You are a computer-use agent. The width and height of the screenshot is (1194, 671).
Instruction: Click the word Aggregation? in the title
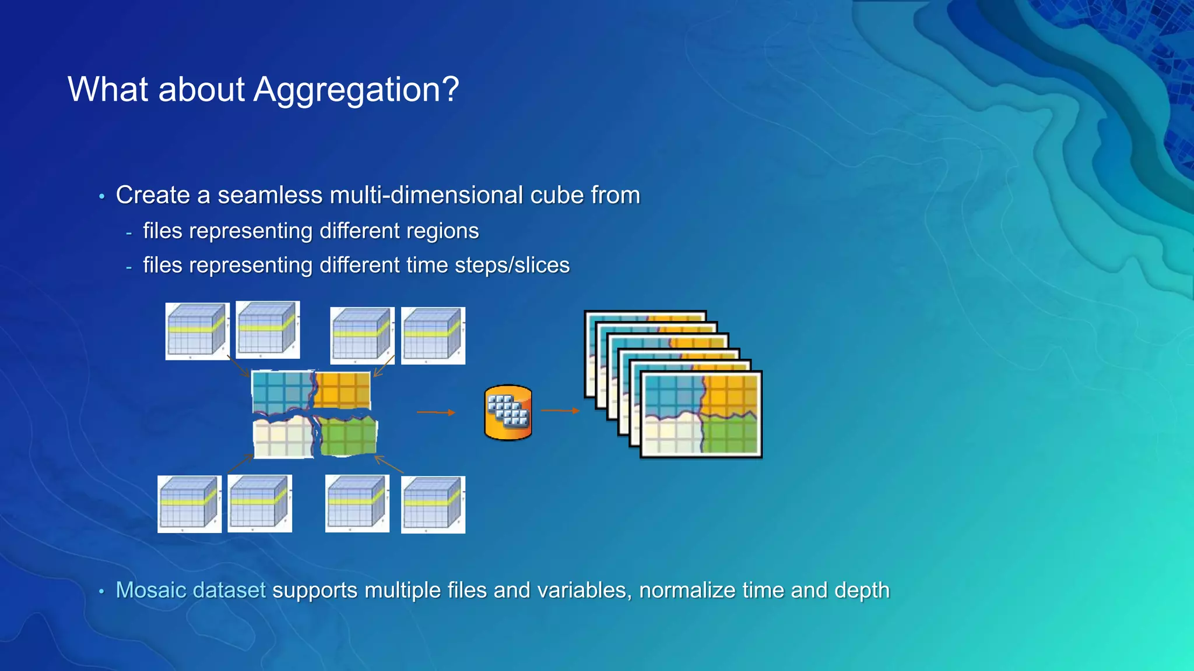[x=356, y=90]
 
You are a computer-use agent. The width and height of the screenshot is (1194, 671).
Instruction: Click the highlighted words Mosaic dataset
[x=191, y=591]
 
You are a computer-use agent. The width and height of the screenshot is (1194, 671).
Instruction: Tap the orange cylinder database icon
[x=508, y=412]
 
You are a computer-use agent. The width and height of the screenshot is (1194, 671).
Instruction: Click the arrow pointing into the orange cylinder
[x=436, y=412]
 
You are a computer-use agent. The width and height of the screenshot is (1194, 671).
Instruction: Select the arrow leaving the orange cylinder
[x=560, y=411]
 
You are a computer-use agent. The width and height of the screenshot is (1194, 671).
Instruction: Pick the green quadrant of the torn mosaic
[x=349, y=437]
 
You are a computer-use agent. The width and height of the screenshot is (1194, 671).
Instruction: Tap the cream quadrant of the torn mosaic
[x=283, y=438]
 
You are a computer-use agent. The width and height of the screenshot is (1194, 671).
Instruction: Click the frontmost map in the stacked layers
[x=701, y=415]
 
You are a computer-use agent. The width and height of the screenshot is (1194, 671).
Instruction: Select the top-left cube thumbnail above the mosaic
[x=197, y=331]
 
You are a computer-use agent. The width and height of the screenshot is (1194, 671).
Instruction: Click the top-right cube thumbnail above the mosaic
[x=433, y=335]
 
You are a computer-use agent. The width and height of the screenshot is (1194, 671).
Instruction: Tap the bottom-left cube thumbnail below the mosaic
[x=189, y=504]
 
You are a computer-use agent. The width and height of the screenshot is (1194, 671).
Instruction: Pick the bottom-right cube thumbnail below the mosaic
[x=433, y=504]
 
